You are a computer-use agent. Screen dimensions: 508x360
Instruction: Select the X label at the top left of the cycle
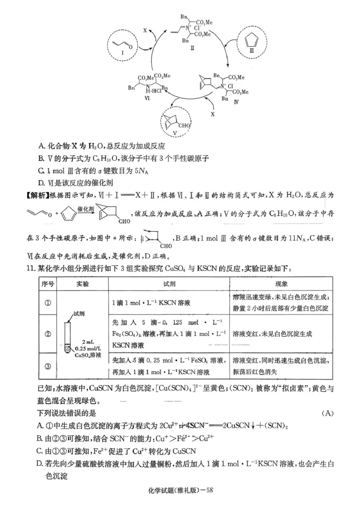click(144, 31)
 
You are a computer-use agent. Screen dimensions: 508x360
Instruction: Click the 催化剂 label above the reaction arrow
click(85, 209)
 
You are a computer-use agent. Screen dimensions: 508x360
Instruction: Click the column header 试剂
click(169, 285)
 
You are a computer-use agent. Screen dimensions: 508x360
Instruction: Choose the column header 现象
click(281, 285)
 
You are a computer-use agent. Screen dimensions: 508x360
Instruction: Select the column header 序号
click(48, 285)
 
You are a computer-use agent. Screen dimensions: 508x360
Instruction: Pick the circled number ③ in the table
click(48, 366)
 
